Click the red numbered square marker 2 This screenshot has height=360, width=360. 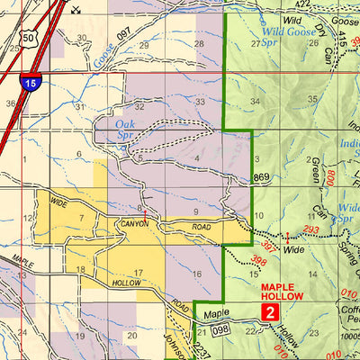pyautogui.click(x=269, y=311)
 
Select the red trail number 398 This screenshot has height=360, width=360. pyautogui.click(x=259, y=262)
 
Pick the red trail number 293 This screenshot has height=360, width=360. pyautogui.click(x=311, y=229)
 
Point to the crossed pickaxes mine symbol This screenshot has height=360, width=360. pyautogui.click(x=76, y=10)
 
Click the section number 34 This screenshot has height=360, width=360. pyautogui.click(x=256, y=101)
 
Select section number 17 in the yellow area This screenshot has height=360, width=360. pyautogui.click(x=138, y=273)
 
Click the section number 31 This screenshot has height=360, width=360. pyautogui.click(x=80, y=106)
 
